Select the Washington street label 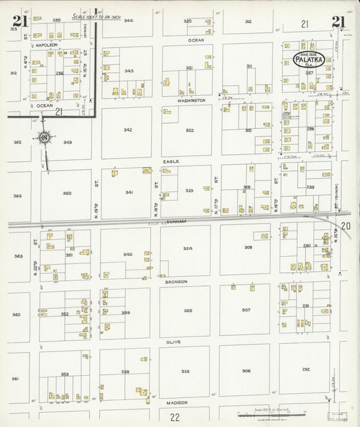point(191,100)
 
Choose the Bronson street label point(175,280)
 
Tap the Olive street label point(173,342)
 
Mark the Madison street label point(177,402)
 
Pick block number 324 point(188,248)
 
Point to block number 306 point(247,370)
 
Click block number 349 point(68,143)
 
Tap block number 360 point(67,193)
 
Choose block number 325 point(188,310)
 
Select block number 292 point(305,369)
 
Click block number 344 point(128,21)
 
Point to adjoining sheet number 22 point(175,417)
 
